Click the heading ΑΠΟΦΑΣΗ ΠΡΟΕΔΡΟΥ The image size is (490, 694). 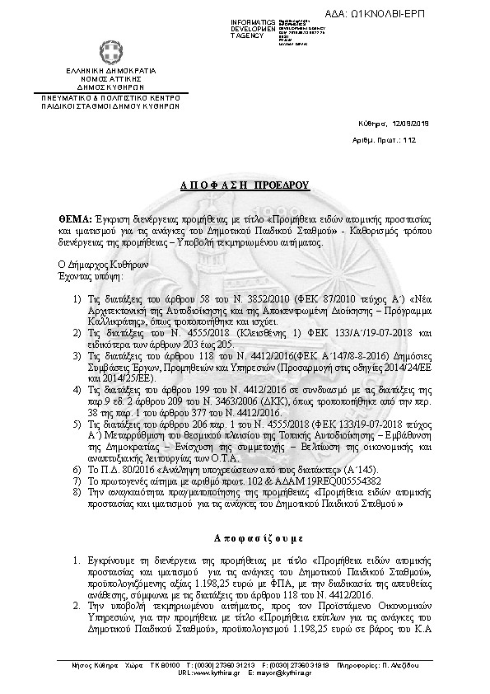coord(244,186)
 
